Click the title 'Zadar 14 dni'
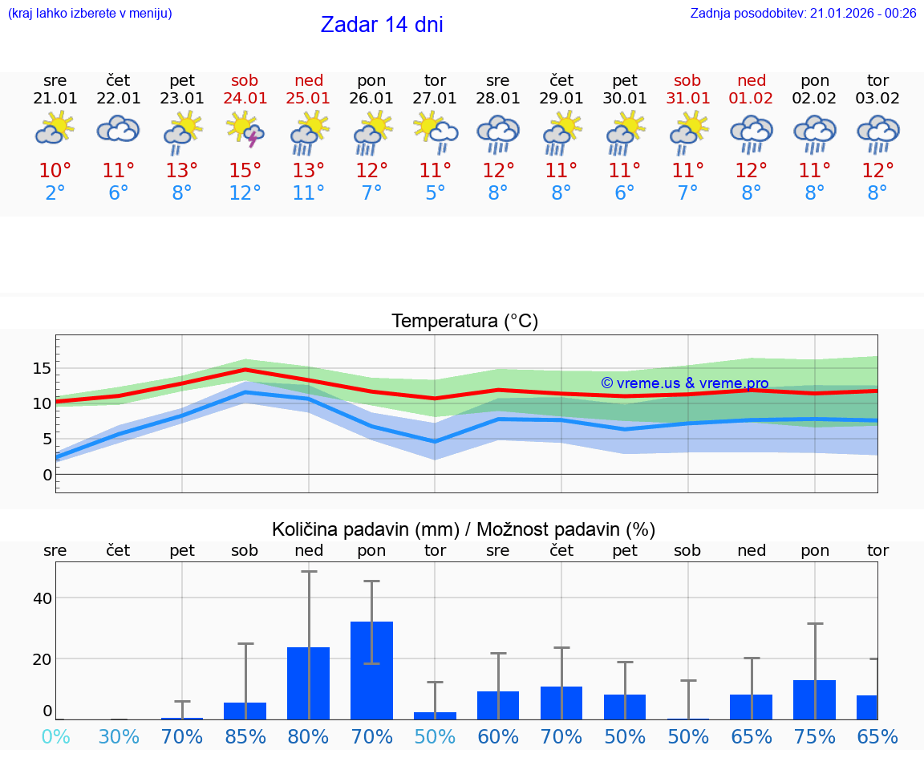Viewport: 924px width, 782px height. (x=382, y=25)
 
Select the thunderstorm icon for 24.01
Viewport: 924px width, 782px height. (x=245, y=129)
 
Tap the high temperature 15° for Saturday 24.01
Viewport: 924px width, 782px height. (x=245, y=171)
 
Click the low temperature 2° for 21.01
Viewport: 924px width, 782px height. (x=55, y=193)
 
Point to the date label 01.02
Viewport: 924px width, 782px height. (x=752, y=99)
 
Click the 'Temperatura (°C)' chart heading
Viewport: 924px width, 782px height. (x=464, y=322)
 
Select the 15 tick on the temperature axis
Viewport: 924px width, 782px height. (x=42, y=368)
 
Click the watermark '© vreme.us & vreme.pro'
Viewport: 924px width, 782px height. (x=684, y=383)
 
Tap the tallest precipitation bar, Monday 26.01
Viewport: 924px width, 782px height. (x=372, y=670)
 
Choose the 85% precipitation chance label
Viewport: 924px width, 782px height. (x=245, y=736)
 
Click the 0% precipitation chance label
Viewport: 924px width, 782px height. (x=55, y=736)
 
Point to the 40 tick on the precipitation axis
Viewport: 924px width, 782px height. (x=42, y=598)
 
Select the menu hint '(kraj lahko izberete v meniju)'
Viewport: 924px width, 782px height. (x=90, y=14)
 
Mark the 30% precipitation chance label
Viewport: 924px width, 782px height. (x=119, y=736)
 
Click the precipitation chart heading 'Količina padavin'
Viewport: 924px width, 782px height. (x=464, y=529)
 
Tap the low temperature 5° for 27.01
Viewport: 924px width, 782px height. (x=436, y=193)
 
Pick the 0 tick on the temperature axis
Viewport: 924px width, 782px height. (x=47, y=475)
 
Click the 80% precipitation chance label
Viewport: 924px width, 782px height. (x=309, y=736)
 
